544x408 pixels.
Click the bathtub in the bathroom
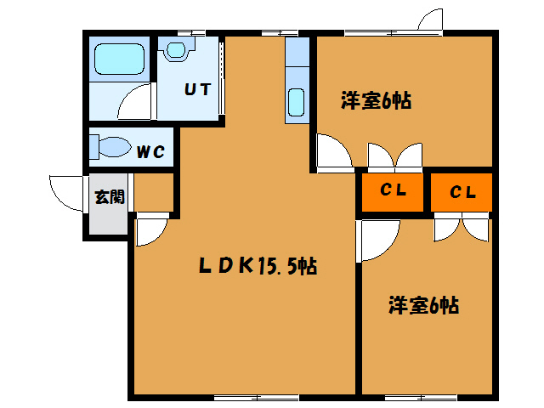coord(118,59)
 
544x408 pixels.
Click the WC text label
coord(151,153)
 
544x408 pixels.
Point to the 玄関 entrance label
coord(109,199)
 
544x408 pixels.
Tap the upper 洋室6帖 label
coord(376,101)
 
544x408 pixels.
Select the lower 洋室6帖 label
coord(424,304)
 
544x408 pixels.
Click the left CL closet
coord(392,191)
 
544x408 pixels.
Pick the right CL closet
coord(462,192)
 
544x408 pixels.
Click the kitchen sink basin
coord(297,102)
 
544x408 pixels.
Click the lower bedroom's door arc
coord(378,235)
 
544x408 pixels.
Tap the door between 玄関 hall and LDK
coord(150,229)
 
